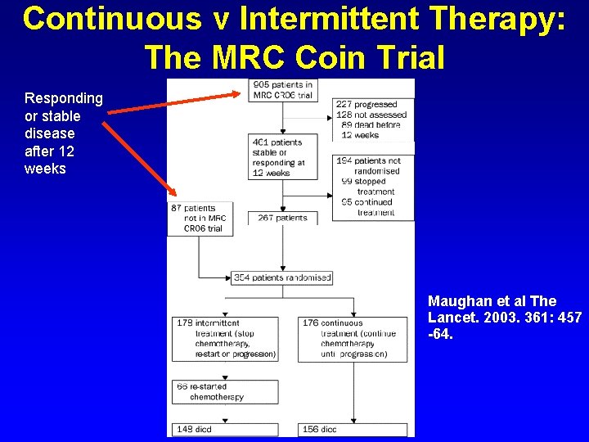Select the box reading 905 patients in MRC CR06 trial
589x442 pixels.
[282, 90]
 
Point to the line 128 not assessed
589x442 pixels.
[371, 115]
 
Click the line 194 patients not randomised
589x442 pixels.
[368, 161]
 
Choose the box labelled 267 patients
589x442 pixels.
[282, 219]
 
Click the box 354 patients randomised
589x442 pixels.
[282, 278]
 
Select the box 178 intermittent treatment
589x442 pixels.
[226, 339]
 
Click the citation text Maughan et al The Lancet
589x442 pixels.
[504, 317]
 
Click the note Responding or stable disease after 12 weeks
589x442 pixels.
[63, 133]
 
